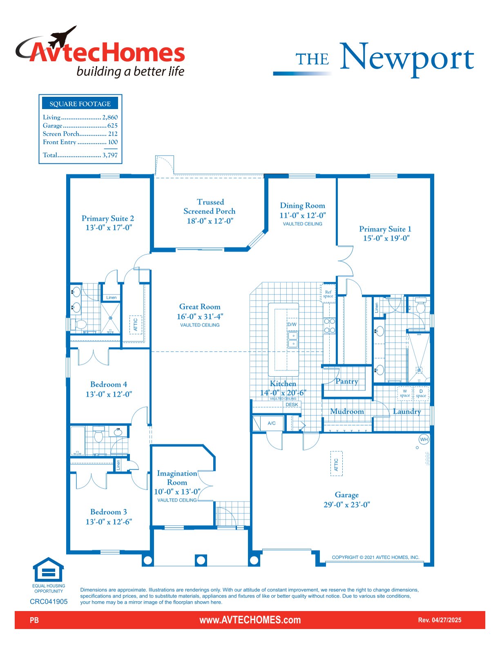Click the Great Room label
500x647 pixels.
pos(199,306)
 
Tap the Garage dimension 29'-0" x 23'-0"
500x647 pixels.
pos(347,504)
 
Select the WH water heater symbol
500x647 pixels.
pos(424,440)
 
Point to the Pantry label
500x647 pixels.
pos(347,381)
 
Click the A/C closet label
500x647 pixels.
pos(272,423)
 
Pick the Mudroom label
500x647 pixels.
pos(347,411)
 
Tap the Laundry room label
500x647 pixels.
pos(407,411)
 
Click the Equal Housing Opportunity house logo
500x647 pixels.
pos(49,569)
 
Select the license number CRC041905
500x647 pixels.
pos(49,601)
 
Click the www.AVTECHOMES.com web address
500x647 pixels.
pos(250,620)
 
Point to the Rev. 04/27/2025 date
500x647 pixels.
pos(440,620)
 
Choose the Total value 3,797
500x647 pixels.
pos(110,155)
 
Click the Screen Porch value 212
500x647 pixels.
pos(113,134)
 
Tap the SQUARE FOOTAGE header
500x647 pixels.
pos(80,104)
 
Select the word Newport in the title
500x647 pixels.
pos(407,58)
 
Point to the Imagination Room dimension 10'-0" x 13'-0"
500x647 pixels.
pos(177,491)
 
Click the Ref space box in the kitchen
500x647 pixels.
pos(328,294)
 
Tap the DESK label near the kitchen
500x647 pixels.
pos(292,405)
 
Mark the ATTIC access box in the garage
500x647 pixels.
pos(336,464)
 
